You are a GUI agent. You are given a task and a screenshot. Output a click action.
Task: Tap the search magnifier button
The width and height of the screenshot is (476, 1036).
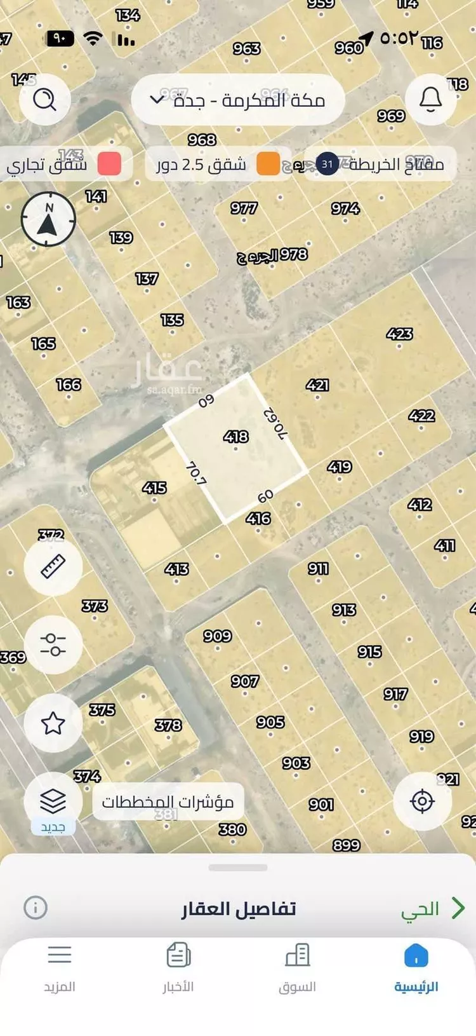(x=44, y=99)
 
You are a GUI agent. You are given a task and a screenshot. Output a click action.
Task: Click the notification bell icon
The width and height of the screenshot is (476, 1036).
(x=430, y=99)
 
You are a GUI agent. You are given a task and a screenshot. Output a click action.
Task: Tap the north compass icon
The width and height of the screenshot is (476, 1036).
(x=48, y=219)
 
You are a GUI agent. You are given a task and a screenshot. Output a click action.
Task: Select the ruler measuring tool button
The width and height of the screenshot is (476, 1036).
(x=53, y=566)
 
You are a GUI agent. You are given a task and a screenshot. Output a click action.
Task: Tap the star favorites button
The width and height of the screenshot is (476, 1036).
(x=53, y=723)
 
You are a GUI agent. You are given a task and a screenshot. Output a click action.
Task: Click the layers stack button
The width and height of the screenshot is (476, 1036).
(x=53, y=801)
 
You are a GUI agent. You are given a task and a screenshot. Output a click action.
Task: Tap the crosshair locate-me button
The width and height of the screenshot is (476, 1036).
(x=422, y=801)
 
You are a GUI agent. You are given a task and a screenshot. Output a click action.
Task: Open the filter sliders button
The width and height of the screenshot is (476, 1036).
(x=53, y=644)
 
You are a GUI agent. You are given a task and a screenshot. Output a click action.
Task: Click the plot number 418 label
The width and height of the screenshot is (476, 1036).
(x=236, y=437)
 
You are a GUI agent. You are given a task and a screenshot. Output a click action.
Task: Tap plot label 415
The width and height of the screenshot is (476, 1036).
(x=154, y=488)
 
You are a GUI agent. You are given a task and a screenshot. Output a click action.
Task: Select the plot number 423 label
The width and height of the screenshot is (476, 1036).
(x=399, y=334)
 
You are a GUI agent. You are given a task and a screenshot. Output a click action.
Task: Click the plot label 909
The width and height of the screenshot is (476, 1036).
(x=217, y=636)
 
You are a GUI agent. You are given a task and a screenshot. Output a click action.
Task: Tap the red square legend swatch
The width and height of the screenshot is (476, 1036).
(x=109, y=164)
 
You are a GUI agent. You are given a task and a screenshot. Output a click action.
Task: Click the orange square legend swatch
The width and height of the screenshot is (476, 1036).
(x=268, y=164)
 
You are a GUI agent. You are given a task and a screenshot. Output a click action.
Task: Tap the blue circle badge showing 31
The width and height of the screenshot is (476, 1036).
(x=327, y=164)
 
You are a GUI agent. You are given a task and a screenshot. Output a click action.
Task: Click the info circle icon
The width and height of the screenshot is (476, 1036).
(x=36, y=908)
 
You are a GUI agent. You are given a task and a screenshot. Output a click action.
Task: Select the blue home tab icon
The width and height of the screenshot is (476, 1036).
(x=416, y=955)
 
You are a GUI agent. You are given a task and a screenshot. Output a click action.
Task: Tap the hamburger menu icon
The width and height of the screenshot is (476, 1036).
(x=59, y=955)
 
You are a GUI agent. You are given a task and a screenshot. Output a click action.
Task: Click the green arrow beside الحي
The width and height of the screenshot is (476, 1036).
(x=458, y=908)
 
